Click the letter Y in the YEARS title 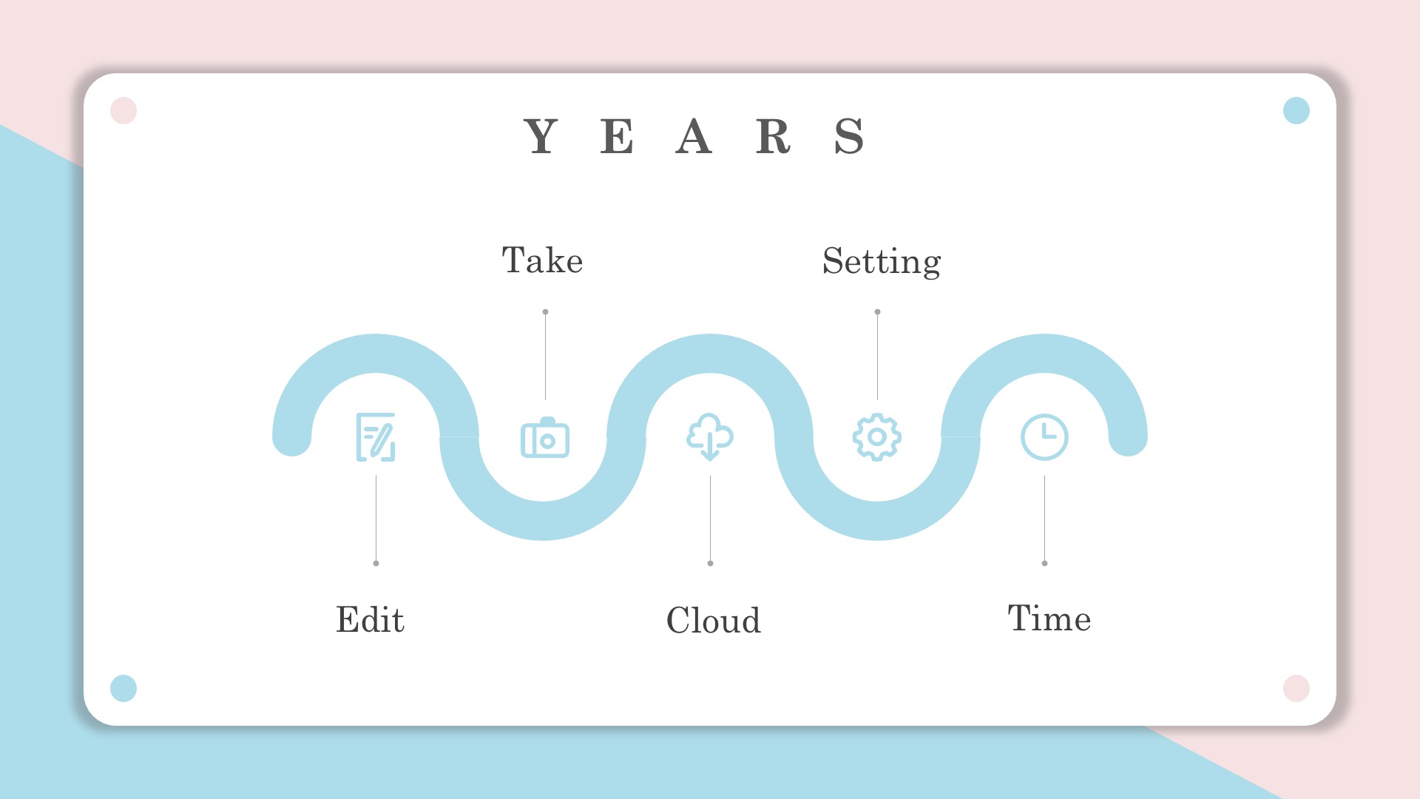(x=541, y=136)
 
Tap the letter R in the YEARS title (x=773, y=136)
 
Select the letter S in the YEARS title (x=849, y=136)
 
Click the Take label (x=542, y=260)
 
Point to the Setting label (x=882, y=262)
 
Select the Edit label (x=370, y=619)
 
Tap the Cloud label (x=713, y=620)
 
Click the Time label (x=1049, y=618)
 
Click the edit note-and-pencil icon (x=376, y=437)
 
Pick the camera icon (x=545, y=438)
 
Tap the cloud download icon (x=710, y=436)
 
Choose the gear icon (x=877, y=437)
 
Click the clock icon (x=1044, y=437)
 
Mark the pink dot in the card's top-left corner (x=124, y=111)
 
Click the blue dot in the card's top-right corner (x=1296, y=111)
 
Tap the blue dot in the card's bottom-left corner (x=124, y=688)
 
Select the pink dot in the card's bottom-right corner (x=1296, y=688)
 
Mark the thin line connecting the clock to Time (x=1044, y=519)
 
